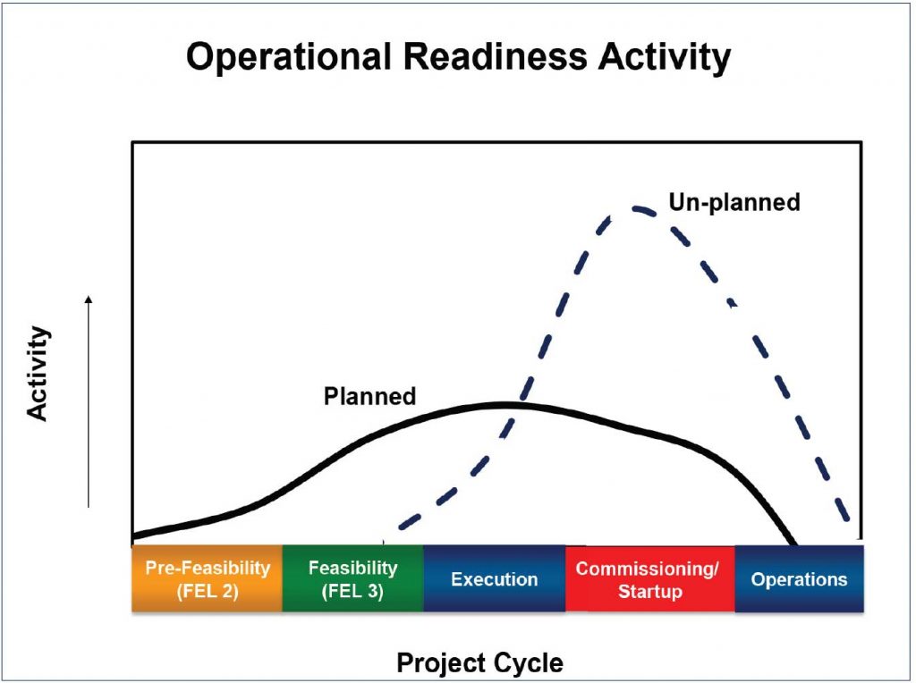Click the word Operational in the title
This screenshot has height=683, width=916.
[x=289, y=56]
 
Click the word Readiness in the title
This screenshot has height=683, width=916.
[x=495, y=56]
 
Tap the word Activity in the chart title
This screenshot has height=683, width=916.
[x=665, y=58]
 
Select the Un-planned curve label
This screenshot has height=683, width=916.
[x=734, y=202]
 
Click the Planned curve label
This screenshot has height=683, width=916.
[x=369, y=396]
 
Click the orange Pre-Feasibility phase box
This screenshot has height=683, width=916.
[x=208, y=578]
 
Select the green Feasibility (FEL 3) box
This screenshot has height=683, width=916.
[x=352, y=578]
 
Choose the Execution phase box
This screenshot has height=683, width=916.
[x=494, y=578]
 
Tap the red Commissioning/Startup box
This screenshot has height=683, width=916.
[x=649, y=578]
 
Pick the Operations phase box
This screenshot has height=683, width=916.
[x=799, y=578]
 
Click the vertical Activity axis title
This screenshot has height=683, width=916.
[x=38, y=374]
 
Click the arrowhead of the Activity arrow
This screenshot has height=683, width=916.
[x=89, y=299]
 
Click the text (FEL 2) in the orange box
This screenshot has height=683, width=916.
[x=208, y=591]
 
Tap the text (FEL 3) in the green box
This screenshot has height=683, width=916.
[x=352, y=591]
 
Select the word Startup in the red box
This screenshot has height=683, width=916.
[x=650, y=591]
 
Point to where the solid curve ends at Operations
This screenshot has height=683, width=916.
[x=794, y=544]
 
